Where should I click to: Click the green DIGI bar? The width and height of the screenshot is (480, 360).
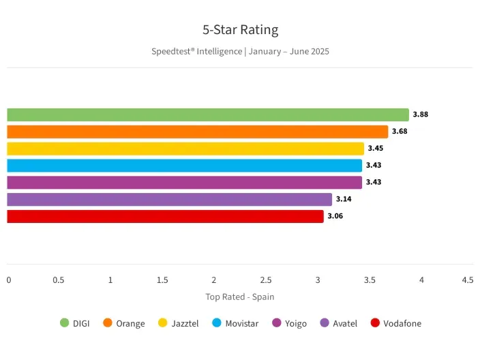pos(208,115)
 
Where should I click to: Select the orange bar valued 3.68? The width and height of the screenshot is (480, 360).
pos(198,132)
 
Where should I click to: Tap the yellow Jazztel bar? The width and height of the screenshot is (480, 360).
pos(185,149)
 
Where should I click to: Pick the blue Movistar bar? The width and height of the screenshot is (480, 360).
pos(185,166)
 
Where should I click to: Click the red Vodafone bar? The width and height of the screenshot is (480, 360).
pos(165,216)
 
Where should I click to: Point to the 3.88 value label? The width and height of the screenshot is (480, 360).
pos(421,115)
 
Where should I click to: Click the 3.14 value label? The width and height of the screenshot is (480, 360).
pos(344,199)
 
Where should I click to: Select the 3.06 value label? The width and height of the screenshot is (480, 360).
pos(335,216)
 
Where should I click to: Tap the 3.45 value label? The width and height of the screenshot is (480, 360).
pos(376,149)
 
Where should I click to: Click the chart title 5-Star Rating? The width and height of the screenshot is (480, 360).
pos(240,30)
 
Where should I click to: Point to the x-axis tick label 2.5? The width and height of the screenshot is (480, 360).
pos(266,280)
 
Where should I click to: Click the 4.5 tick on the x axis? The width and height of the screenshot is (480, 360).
pos(468,280)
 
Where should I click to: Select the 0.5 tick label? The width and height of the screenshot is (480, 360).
pos(59,280)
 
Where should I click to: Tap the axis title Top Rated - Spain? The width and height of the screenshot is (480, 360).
pos(240,297)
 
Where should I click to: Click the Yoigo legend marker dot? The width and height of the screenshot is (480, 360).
pos(277,323)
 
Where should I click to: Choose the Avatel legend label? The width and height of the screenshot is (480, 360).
pos(345,323)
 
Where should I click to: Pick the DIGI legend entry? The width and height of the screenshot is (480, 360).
pos(74,323)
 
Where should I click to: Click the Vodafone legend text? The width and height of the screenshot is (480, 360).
pos(402,323)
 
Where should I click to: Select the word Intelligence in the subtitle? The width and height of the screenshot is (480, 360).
pos(219,51)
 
